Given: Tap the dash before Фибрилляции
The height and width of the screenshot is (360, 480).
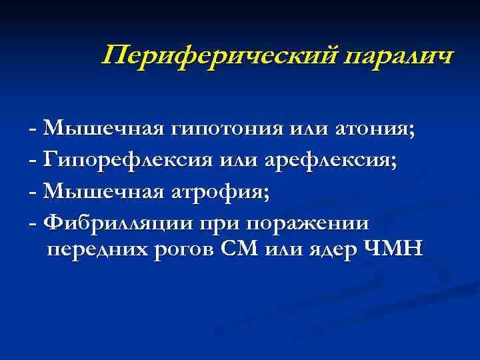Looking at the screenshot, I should (x=33, y=221).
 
